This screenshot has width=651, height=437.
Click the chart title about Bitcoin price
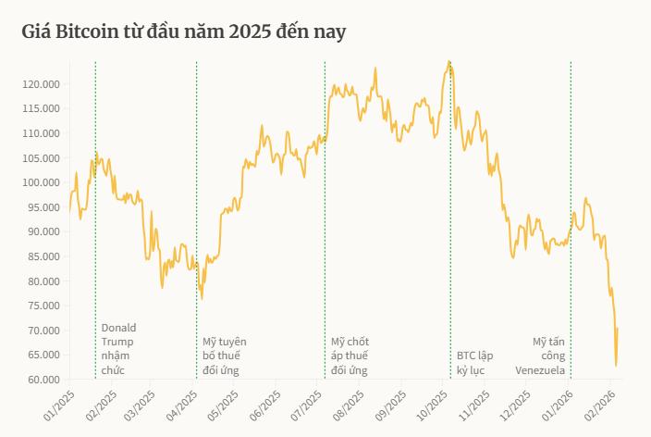tap(184, 33)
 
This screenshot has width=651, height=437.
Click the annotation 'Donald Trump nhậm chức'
tap(117, 349)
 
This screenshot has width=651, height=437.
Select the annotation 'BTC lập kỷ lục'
tap(476, 362)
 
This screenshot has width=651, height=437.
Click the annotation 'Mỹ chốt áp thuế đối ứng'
tap(350, 356)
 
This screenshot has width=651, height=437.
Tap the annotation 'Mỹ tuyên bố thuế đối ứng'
tap(225, 356)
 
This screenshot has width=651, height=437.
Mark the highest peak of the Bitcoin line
tap(448, 62)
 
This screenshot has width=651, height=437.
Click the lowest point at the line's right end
tap(616, 366)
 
